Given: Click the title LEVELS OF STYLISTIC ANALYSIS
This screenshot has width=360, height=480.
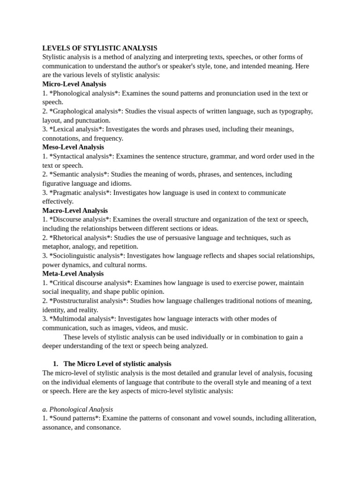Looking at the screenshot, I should point(100,48).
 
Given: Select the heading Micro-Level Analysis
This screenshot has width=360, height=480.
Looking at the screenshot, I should point(74,84).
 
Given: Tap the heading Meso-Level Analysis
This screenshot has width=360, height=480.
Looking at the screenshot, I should point(73,147).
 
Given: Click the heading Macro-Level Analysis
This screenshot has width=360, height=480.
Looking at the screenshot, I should point(75,210).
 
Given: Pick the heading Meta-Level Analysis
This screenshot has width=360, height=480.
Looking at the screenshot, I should point(73,274).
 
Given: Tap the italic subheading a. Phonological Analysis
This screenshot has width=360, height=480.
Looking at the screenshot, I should point(78,409).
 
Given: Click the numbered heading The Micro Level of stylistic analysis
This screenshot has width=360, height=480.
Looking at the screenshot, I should point(117,364).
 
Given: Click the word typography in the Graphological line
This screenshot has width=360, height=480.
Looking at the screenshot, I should point(295,111).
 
